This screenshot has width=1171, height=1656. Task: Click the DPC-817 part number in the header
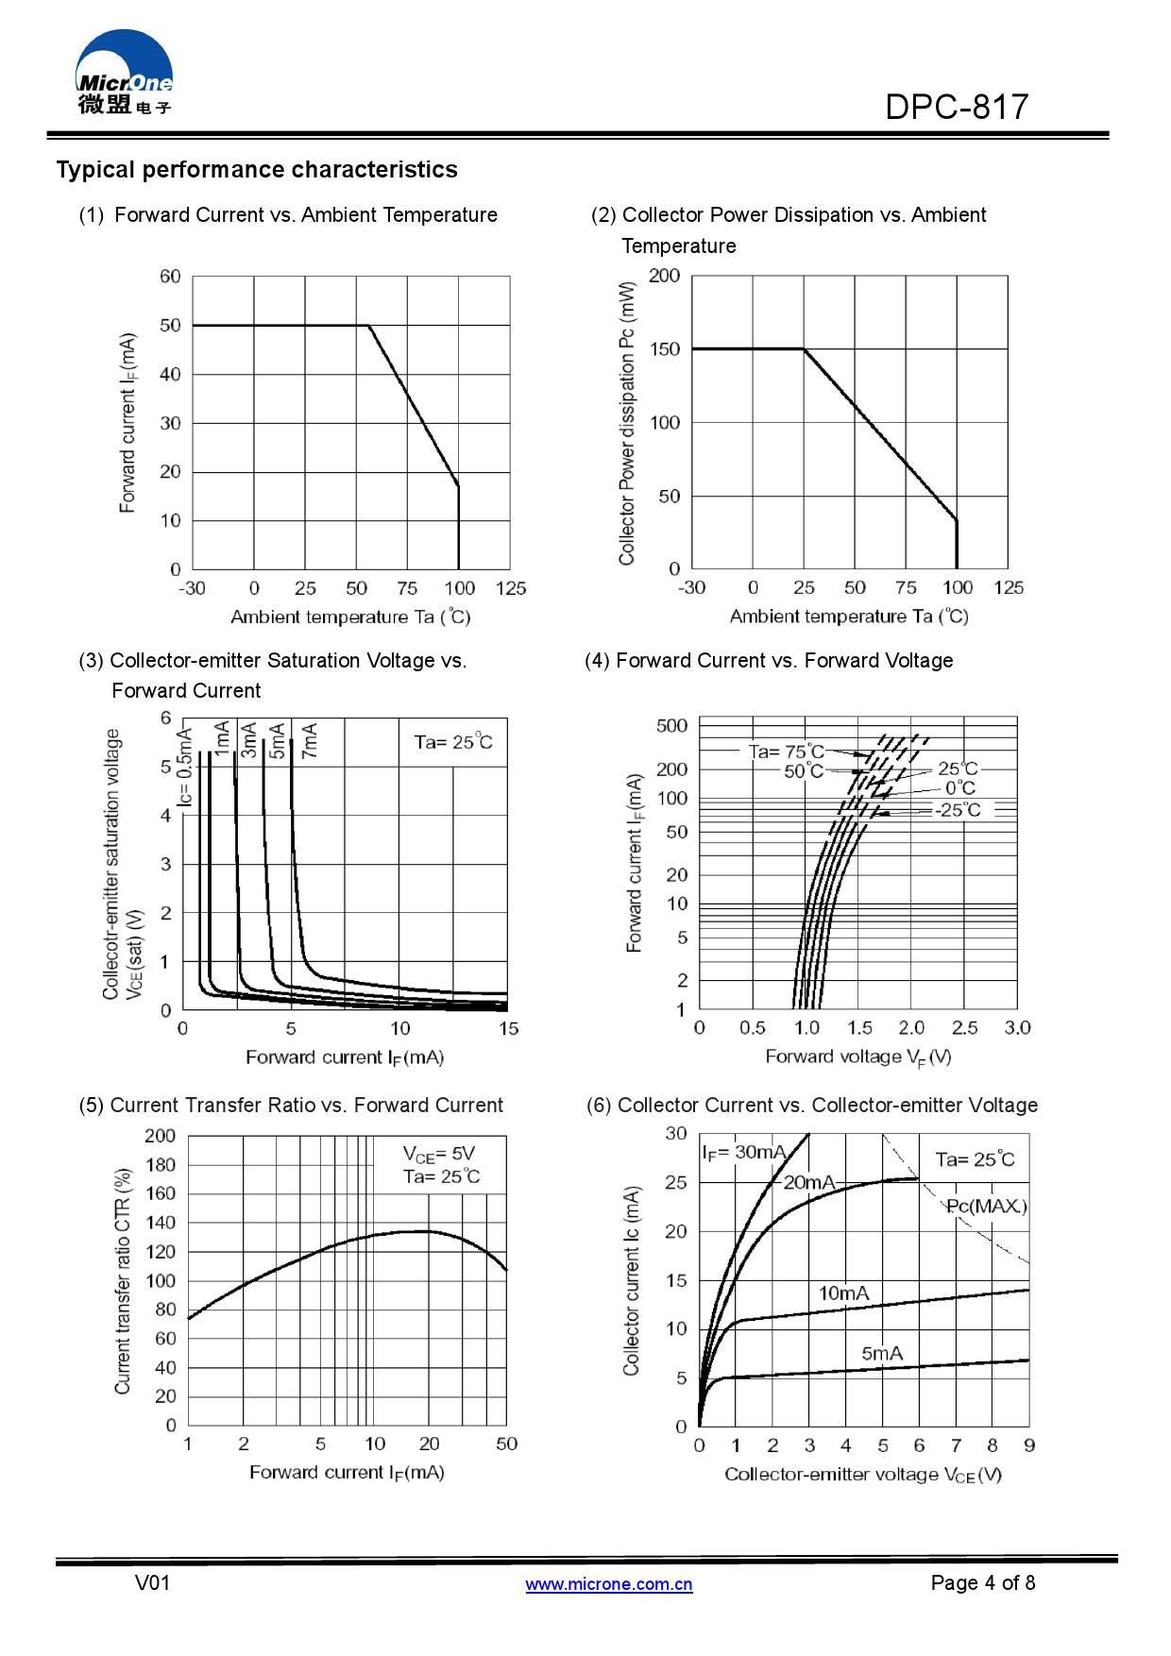(956, 108)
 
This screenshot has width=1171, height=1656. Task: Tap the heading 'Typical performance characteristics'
(257, 170)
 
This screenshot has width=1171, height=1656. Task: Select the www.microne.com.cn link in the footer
(609, 1584)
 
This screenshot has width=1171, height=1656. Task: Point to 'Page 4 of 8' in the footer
(982, 1582)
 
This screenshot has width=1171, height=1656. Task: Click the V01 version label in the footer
(153, 1582)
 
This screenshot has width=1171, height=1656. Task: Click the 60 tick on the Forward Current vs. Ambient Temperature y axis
(170, 277)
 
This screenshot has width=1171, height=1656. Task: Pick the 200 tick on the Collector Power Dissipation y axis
(665, 276)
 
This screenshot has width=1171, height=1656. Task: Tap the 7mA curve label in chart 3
(309, 740)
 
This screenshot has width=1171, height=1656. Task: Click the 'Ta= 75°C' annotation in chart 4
(787, 752)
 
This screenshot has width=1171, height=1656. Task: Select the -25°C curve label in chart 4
(958, 810)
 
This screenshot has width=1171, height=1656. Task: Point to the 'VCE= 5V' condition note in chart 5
(439, 1154)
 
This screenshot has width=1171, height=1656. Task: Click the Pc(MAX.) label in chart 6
(987, 1206)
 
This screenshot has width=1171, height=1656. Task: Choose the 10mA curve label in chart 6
(843, 1293)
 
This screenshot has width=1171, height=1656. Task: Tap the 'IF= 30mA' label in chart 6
(743, 1153)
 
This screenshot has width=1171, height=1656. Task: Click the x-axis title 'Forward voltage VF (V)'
(857, 1056)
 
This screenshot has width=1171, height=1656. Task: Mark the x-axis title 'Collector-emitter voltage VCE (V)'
(862, 1474)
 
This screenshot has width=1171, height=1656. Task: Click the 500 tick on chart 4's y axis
(672, 726)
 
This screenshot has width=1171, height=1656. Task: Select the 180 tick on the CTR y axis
(161, 1165)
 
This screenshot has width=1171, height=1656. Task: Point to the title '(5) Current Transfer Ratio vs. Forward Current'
(291, 1105)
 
